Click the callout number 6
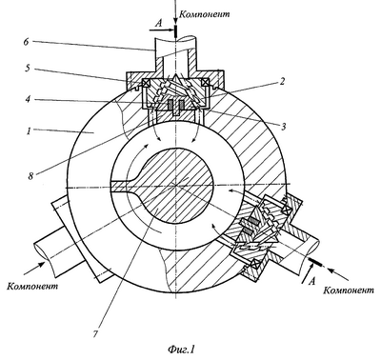pyautogui.click(x=27, y=42)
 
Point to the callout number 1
pyautogui.click(x=30, y=130)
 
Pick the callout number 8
pyautogui.click(x=30, y=176)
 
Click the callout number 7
pyautogui.click(x=95, y=334)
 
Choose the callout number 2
pyautogui.click(x=282, y=82)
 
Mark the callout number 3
pyautogui.click(x=283, y=127)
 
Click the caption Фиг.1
pyautogui.click(x=181, y=350)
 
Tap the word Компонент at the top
pyautogui.click(x=204, y=14)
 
